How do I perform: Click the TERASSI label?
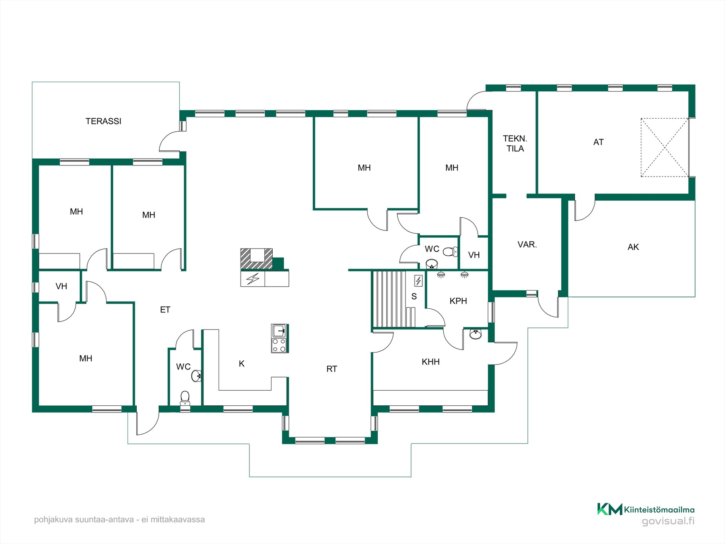[103, 121]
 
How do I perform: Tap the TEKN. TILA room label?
[515, 144]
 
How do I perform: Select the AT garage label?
[599, 142]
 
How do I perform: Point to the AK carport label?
[633, 247]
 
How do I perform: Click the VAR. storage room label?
[527, 244]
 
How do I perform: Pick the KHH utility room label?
[431, 362]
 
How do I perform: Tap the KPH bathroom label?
[458, 301]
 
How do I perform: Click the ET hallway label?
[165, 310]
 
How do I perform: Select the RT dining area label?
[332, 369]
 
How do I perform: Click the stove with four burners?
[279, 345]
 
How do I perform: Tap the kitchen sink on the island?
[279, 331]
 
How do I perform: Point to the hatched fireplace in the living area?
[257, 259]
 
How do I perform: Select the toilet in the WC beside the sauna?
[450, 252]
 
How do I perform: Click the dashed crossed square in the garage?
[665, 147]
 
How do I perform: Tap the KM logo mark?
[609, 509]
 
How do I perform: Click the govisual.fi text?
[668, 521]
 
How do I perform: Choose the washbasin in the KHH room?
[476, 334]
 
